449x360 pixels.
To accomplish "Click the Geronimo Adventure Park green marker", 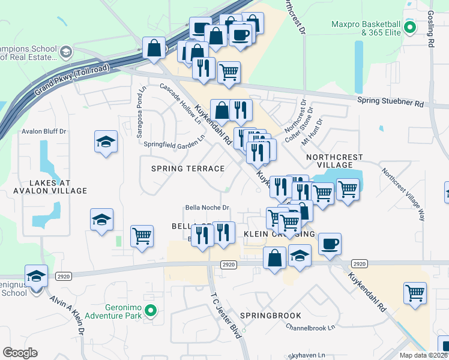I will pos(151,310).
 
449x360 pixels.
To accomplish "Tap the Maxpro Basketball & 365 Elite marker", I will pos(411,27).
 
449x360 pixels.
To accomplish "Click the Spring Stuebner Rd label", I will pos(390,101).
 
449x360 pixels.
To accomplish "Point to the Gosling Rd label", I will pos(430,30).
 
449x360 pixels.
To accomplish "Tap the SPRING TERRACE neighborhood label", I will pos(188,169).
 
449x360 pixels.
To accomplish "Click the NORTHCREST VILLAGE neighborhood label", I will pos(334,161).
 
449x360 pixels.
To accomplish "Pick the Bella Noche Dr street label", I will pos(207,208).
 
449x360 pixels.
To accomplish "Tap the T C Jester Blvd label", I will pos(226,316).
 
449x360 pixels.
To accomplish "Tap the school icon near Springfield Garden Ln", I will pos(106,142).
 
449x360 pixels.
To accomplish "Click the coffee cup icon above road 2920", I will pos(329,244).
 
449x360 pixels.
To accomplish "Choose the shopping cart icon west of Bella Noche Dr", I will pos(141,236).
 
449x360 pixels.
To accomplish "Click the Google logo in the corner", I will pos(20,353).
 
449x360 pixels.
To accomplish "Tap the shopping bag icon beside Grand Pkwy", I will pos(154,47).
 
